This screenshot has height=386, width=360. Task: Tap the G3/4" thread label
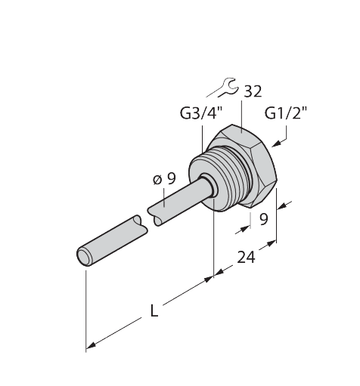[x=202, y=113]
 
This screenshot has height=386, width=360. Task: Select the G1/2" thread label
[x=286, y=113]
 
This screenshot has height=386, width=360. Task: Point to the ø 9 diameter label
[x=164, y=179]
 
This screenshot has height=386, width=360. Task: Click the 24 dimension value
[x=246, y=258]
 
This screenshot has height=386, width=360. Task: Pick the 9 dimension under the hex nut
[x=263, y=219]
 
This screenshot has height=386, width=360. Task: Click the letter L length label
[x=154, y=310]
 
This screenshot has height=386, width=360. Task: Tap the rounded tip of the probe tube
[x=83, y=258]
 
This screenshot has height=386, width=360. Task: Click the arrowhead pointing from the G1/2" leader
[x=277, y=144]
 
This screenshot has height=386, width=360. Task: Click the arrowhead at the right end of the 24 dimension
[x=272, y=243]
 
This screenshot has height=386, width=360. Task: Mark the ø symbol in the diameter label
[x=157, y=180]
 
